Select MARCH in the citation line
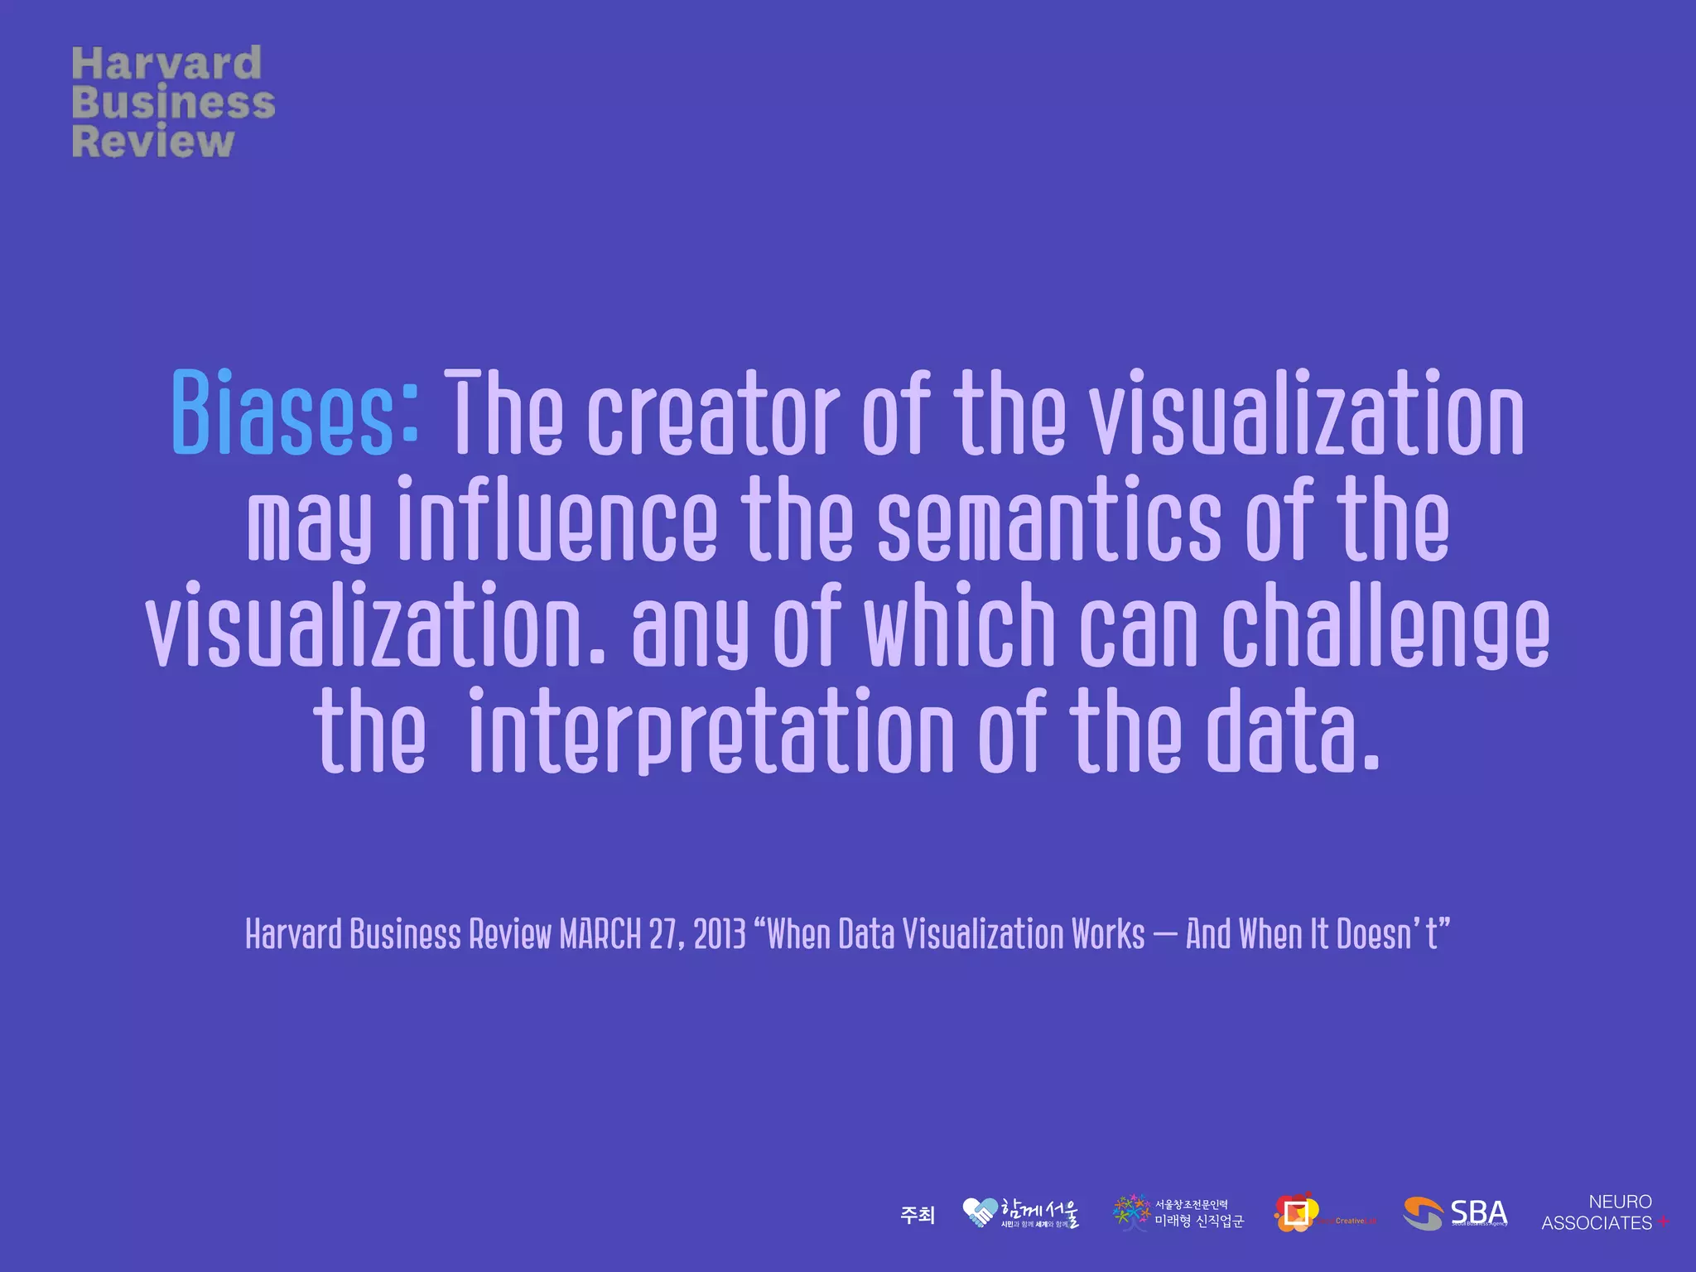[600, 934]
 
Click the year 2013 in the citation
[720, 934]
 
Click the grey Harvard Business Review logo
[173, 102]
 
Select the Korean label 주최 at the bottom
[918, 1215]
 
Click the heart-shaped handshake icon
[980, 1213]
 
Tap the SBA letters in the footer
[1478, 1213]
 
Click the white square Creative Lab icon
[1297, 1213]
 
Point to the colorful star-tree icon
[1131, 1212]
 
